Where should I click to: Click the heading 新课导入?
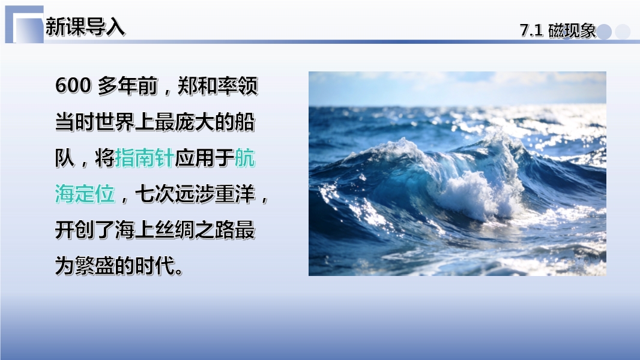click(x=85, y=27)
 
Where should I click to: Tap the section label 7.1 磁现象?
click(x=558, y=31)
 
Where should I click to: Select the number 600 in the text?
click(x=73, y=86)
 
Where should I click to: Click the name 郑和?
click(x=197, y=86)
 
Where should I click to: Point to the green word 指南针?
click(x=145, y=158)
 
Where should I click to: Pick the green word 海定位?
click(x=85, y=194)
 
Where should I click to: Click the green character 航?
click(x=245, y=158)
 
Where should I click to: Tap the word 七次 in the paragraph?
click(x=155, y=194)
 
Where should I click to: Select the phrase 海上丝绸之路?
click(x=175, y=230)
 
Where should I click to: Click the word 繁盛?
click(x=95, y=266)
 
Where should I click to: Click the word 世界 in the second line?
click(x=115, y=122)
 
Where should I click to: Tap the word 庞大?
click(x=195, y=122)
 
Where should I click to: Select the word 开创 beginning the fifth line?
click(x=75, y=230)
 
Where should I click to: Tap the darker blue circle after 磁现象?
click(x=604, y=32)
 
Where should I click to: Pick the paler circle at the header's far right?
click(x=623, y=32)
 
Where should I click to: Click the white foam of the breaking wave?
click(x=474, y=191)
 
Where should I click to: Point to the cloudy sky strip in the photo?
click(x=457, y=88)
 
